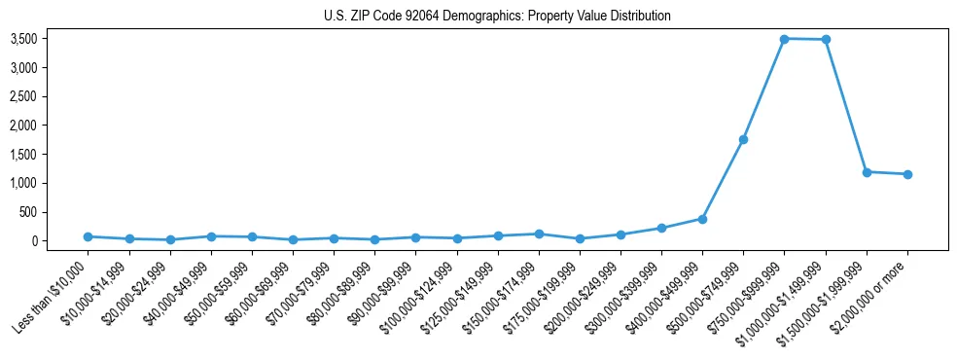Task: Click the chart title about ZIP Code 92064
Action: pyautogui.click(x=497, y=16)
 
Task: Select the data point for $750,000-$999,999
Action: pyautogui.click(x=784, y=39)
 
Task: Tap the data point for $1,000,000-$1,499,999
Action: pyautogui.click(x=826, y=40)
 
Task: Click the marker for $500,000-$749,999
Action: pyautogui.click(x=743, y=139)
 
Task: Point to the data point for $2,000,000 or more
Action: pyautogui.click(x=907, y=174)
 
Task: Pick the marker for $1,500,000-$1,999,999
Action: pyautogui.click(x=867, y=172)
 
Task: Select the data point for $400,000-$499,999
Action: pyautogui.click(x=702, y=219)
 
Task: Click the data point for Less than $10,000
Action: pyautogui.click(x=88, y=236)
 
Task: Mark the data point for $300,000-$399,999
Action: pyautogui.click(x=661, y=228)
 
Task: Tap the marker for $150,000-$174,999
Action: pyautogui.click(x=539, y=234)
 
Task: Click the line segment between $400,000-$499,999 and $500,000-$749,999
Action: pyautogui.click(x=723, y=179)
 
